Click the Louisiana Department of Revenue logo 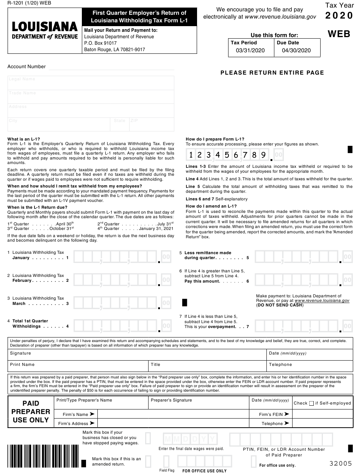pos(45,30)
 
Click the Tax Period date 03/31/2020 pos(250,50)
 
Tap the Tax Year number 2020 pos(339,16)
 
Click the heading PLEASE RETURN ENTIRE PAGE pos(272,73)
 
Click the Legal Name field pos(91,83)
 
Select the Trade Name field pos(91,97)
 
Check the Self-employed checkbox pos(311,403)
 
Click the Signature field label pos(20,353)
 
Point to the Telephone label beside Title pos(280,365)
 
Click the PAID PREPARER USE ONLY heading pos(31,412)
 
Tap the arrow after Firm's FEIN pos(286,414)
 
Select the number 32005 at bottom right pos(341,463)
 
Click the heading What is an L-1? pos(23,139)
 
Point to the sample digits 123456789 pos(227,155)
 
